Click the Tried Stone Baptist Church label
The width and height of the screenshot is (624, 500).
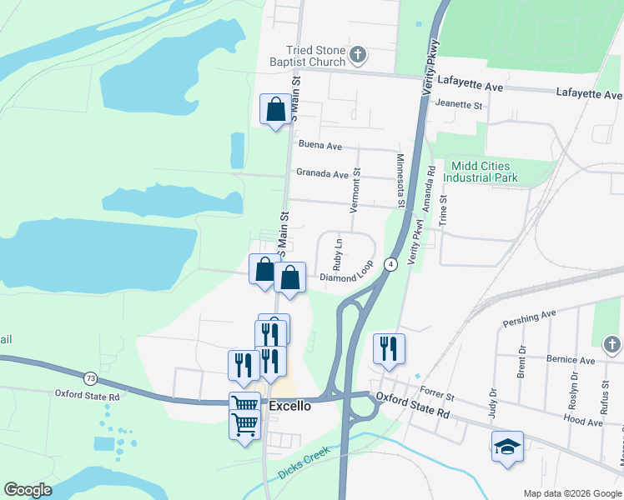[307, 56]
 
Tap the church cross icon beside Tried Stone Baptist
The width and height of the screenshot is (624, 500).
[358, 56]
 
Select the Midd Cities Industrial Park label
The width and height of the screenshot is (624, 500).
[481, 172]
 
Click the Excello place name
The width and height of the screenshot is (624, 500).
[290, 406]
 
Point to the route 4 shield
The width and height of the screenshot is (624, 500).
[390, 264]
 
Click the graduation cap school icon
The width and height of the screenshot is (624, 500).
[507, 447]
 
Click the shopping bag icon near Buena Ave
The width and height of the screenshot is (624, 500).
[276, 109]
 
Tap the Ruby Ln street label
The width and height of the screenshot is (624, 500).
[338, 254]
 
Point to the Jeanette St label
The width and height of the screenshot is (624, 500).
[460, 106]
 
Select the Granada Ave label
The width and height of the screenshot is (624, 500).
[322, 174]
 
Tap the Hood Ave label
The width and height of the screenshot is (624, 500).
[582, 422]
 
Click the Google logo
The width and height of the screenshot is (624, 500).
[28, 490]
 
